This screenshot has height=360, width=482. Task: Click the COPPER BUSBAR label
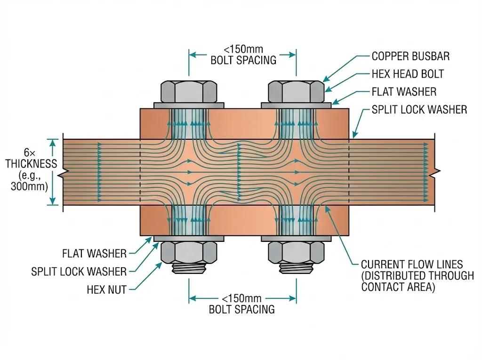(x=410, y=56)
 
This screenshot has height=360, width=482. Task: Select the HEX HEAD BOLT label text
(x=408, y=74)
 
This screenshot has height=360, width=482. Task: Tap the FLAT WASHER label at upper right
(x=404, y=92)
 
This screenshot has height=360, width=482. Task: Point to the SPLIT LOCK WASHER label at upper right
(x=419, y=110)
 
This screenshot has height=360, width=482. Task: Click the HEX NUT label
(x=107, y=290)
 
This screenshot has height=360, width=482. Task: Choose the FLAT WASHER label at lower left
(x=94, y=254)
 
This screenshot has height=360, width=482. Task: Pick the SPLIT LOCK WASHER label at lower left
(x=79, y=272)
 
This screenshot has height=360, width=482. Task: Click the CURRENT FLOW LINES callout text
(x=417, y=276)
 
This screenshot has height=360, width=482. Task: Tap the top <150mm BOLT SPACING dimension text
(x=243, y=55)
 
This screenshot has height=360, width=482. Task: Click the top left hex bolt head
(x=189, y=92)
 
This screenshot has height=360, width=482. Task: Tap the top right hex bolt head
(x=296, y=92)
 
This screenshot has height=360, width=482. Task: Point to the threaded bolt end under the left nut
(x=189, y=269)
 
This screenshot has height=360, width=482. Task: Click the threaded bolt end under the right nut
(x=296, y=269)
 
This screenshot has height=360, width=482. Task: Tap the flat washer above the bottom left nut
(x=189, y=239)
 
